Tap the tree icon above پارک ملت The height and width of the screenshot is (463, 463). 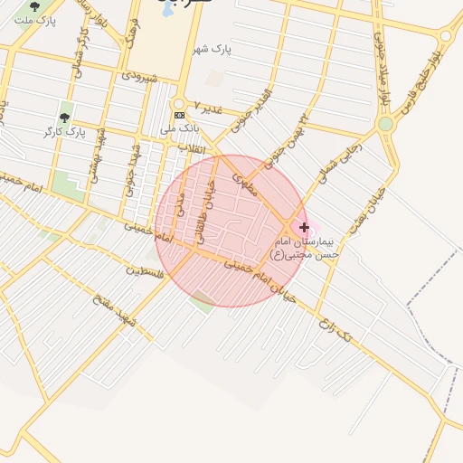pos(35,5)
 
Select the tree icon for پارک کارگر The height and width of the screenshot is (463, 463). pos(64,118)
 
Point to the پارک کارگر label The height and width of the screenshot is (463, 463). pos(63,132)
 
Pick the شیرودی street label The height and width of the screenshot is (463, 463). pos(141,78)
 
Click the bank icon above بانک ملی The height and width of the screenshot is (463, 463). pos(179,115)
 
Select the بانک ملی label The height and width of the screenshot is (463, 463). pos(179,128)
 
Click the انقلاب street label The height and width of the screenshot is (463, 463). pos(192,147)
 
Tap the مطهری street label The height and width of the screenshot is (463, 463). pos(245,184)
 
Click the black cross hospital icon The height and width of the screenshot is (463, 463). pos(304,227)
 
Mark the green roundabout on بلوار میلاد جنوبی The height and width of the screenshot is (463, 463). pos(386,123)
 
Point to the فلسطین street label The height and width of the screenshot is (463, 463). pos(146,271)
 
